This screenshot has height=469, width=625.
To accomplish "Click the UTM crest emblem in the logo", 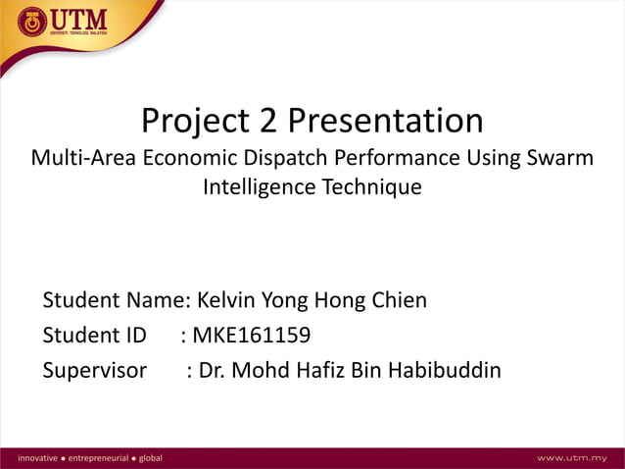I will click(x=31, y=22).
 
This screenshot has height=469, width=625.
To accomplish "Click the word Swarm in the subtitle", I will click(x=561, y=157).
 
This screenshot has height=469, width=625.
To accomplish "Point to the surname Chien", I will click(x=398, y=300).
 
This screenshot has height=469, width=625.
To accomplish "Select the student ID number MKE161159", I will click(x=252, y=336).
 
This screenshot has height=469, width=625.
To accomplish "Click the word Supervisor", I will click(x=94, y=371).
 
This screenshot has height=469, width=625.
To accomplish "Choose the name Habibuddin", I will click(x=445, y=371).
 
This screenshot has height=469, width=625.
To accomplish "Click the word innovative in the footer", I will click(x=28, y=458).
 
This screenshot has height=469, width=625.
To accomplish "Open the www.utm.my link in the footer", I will click(x=573, y=458).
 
